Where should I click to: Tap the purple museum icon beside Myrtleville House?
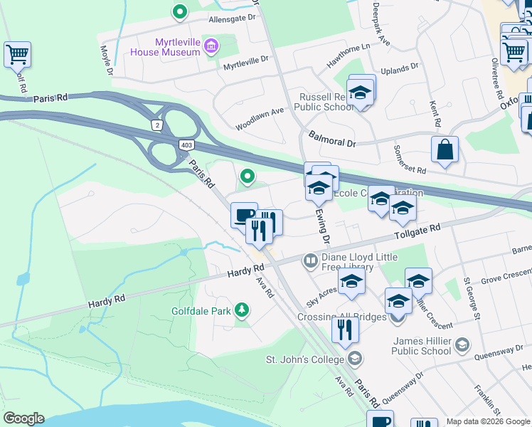coord(211,48)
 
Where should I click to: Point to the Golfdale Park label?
coord(202,310)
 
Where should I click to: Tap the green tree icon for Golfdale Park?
coord(243,310)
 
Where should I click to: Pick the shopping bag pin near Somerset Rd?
coord(445,149)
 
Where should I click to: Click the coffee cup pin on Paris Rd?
coord(244,214)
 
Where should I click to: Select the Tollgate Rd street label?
coord(417,231)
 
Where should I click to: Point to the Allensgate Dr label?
coord(231,19)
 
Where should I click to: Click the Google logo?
coord(23,418)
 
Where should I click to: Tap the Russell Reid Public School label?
coord(324,102)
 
